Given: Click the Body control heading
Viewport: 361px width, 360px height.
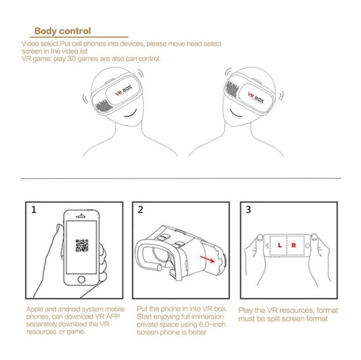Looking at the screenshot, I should coord(62,31).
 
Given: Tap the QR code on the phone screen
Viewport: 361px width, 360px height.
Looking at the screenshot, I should coord(82,245).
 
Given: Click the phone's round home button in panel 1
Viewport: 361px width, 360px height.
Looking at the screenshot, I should coord(81,279).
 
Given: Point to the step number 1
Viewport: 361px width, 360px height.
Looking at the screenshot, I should coord(33,210).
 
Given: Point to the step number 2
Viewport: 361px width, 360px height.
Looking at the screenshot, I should coord(140,210).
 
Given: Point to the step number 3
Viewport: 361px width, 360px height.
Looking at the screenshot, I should coord(248,210).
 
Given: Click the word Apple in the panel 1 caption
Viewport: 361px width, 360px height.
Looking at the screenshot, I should coord(35,309).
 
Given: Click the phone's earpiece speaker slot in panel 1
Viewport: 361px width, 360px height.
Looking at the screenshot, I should coord(81,216).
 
